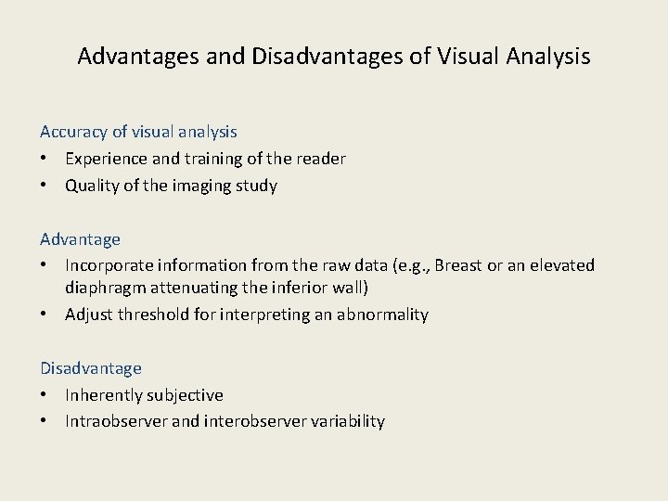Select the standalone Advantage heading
pyautogui.click(x=81, y=239)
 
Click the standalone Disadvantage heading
pyautogui.click(x=91, y=368)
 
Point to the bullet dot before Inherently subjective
pyautogui.click(x=45, y=395)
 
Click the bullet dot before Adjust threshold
pyautogui.click(x=45, y=315)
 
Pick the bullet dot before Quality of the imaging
pyautogui.click(x=45, y=186)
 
